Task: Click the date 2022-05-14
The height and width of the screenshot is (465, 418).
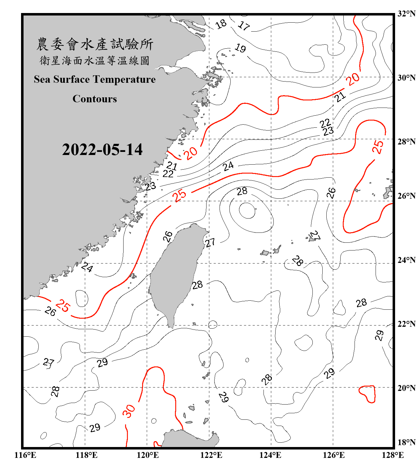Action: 102,149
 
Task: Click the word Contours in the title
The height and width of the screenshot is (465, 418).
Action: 95,99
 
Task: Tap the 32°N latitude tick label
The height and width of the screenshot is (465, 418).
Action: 407,14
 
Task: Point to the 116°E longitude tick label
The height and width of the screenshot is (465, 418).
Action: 25,455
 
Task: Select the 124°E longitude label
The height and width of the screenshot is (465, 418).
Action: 270,455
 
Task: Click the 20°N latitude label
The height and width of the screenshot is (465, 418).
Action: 407,387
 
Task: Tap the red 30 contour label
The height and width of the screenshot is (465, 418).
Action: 128,411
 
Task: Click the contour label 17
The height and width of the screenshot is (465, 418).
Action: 244,26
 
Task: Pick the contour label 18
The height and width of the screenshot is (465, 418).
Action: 221,24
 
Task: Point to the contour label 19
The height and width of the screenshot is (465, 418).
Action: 240,48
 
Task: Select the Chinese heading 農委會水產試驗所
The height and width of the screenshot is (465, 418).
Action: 95,44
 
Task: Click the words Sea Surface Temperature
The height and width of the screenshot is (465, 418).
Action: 95,79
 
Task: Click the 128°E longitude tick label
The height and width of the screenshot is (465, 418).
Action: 393,455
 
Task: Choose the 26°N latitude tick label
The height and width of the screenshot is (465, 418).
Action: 407,196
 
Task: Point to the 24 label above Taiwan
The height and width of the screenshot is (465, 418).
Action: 228,166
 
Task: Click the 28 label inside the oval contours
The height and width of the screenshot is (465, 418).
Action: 242,191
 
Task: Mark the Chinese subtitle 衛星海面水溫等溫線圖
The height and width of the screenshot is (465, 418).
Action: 95,60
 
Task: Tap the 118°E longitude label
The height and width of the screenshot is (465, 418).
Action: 86,455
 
